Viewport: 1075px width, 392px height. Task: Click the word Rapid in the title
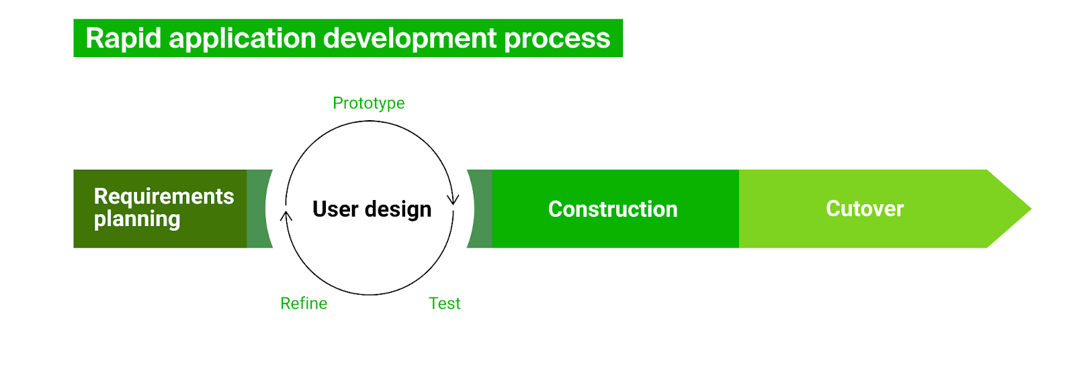click(x=124, y=38)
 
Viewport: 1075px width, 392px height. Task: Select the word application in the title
click(x=243, y=38)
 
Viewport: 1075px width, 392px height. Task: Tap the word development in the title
click(x=410, y=38)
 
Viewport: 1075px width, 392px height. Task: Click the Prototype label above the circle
click(x=369, y=103)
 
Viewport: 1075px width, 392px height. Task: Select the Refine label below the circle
click(x=304, y=303)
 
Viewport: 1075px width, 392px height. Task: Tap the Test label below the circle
click(x=444, y=303)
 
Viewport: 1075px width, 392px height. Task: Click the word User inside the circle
click(x=335, y=209)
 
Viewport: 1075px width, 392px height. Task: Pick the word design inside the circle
click(x=398, y=210)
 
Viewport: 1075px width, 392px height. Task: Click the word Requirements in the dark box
click(x=164, y=197)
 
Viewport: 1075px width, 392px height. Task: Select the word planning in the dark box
click(x=137, y=219)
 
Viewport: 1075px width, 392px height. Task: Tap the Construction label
click(x=613, y=209)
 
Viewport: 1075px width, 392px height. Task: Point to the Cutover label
click(x=865, y=209)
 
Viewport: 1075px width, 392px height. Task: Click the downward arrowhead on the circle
click(x=453, y=200)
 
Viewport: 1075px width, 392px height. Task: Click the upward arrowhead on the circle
click(x=286, y=215)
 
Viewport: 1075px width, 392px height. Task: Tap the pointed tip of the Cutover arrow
click(x=1031, y=209)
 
